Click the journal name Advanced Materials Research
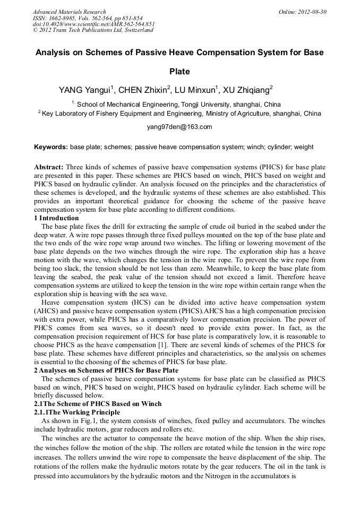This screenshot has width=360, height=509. [69, 12]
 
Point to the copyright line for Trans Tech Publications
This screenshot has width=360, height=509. [93, 30]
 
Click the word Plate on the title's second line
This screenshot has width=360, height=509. [179, 71]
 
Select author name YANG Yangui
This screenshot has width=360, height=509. [86, 90]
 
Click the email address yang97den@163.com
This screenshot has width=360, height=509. [179, 127]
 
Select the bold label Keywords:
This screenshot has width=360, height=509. [51, 147]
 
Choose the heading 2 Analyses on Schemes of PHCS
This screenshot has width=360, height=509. [106, 370]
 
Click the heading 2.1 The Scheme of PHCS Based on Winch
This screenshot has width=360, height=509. [98, 404]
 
